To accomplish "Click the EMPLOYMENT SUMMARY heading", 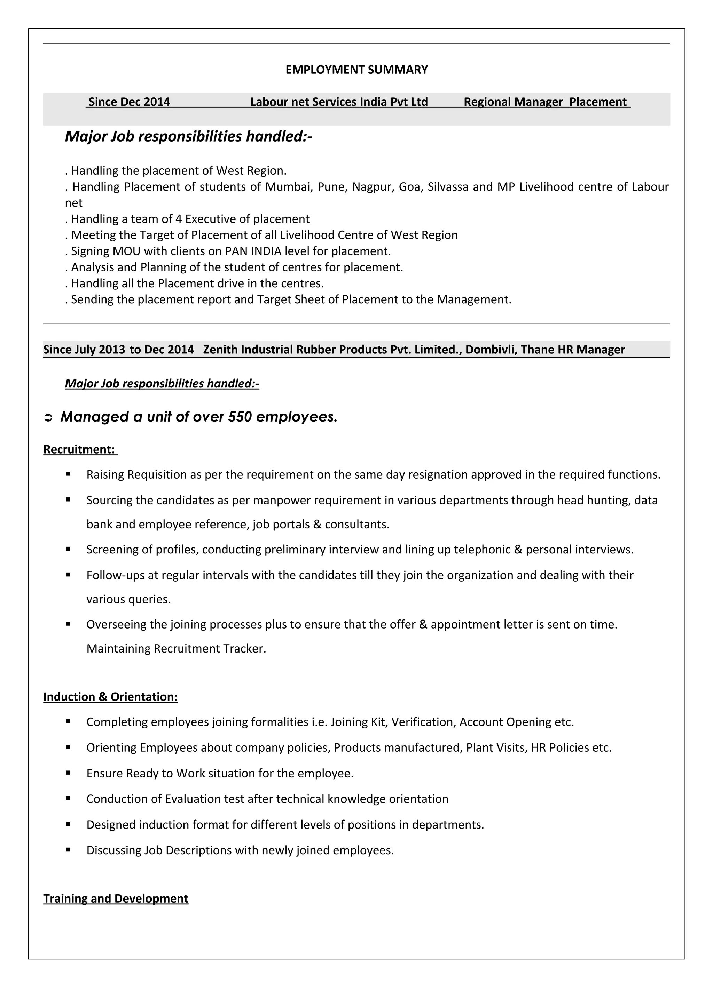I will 356,70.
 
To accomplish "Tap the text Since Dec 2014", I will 129,102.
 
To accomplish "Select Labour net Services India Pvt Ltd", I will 339,102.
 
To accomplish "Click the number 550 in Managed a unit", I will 240,417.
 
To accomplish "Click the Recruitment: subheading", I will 79,449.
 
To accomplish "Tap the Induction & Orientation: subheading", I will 110,697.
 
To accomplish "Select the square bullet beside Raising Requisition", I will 68,474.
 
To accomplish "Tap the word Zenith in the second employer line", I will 220,350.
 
